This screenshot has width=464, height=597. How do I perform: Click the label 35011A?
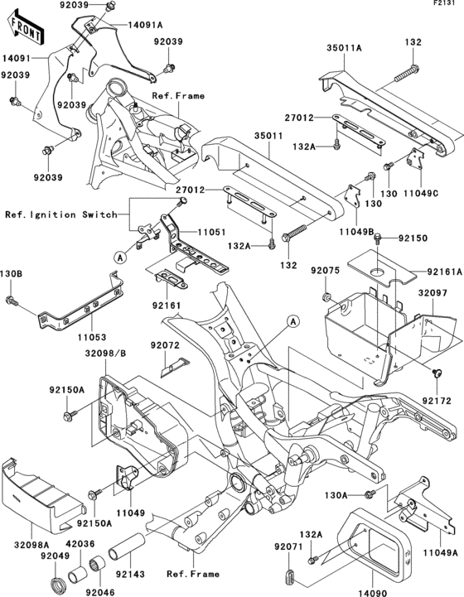click(345, 49)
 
